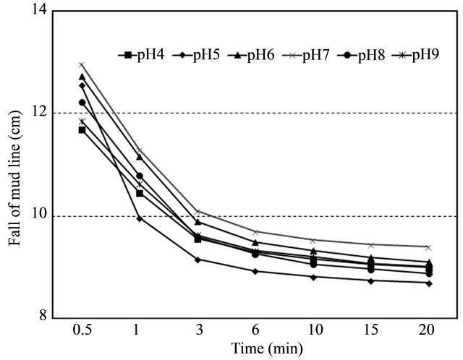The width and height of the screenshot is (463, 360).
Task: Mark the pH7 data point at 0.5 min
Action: coord(82,65)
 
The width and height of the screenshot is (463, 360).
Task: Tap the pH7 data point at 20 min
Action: coord(429,247)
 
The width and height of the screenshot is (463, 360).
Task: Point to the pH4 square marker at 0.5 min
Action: coord(82,130)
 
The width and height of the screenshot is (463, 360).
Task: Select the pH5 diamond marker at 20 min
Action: coord(429,283)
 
